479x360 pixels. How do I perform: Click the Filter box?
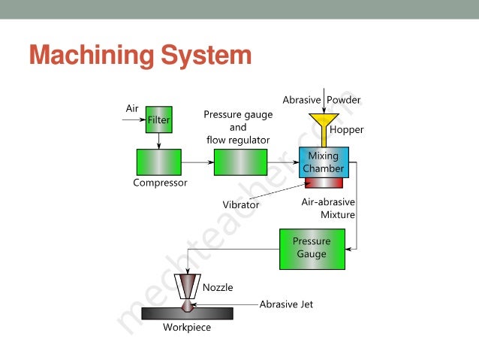[158, 119]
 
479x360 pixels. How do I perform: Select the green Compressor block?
[158, 162]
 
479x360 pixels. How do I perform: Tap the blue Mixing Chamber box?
[324, 162]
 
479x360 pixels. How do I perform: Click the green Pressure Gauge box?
[311, 249]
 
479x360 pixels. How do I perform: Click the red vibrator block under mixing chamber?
[324, 183]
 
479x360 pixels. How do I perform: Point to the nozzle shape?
[188, 286]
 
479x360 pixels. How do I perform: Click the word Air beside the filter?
[132, 108]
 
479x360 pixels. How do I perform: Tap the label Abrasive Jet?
[286, 304]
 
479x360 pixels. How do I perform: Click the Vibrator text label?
[240, 204]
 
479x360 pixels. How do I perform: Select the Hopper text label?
[347, 130]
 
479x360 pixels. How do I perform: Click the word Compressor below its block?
[160, 183]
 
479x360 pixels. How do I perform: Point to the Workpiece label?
[187, 328]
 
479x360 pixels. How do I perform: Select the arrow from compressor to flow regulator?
[197, 162]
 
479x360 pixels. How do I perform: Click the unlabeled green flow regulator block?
[240, 162]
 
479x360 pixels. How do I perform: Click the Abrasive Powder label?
[321, 99]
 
